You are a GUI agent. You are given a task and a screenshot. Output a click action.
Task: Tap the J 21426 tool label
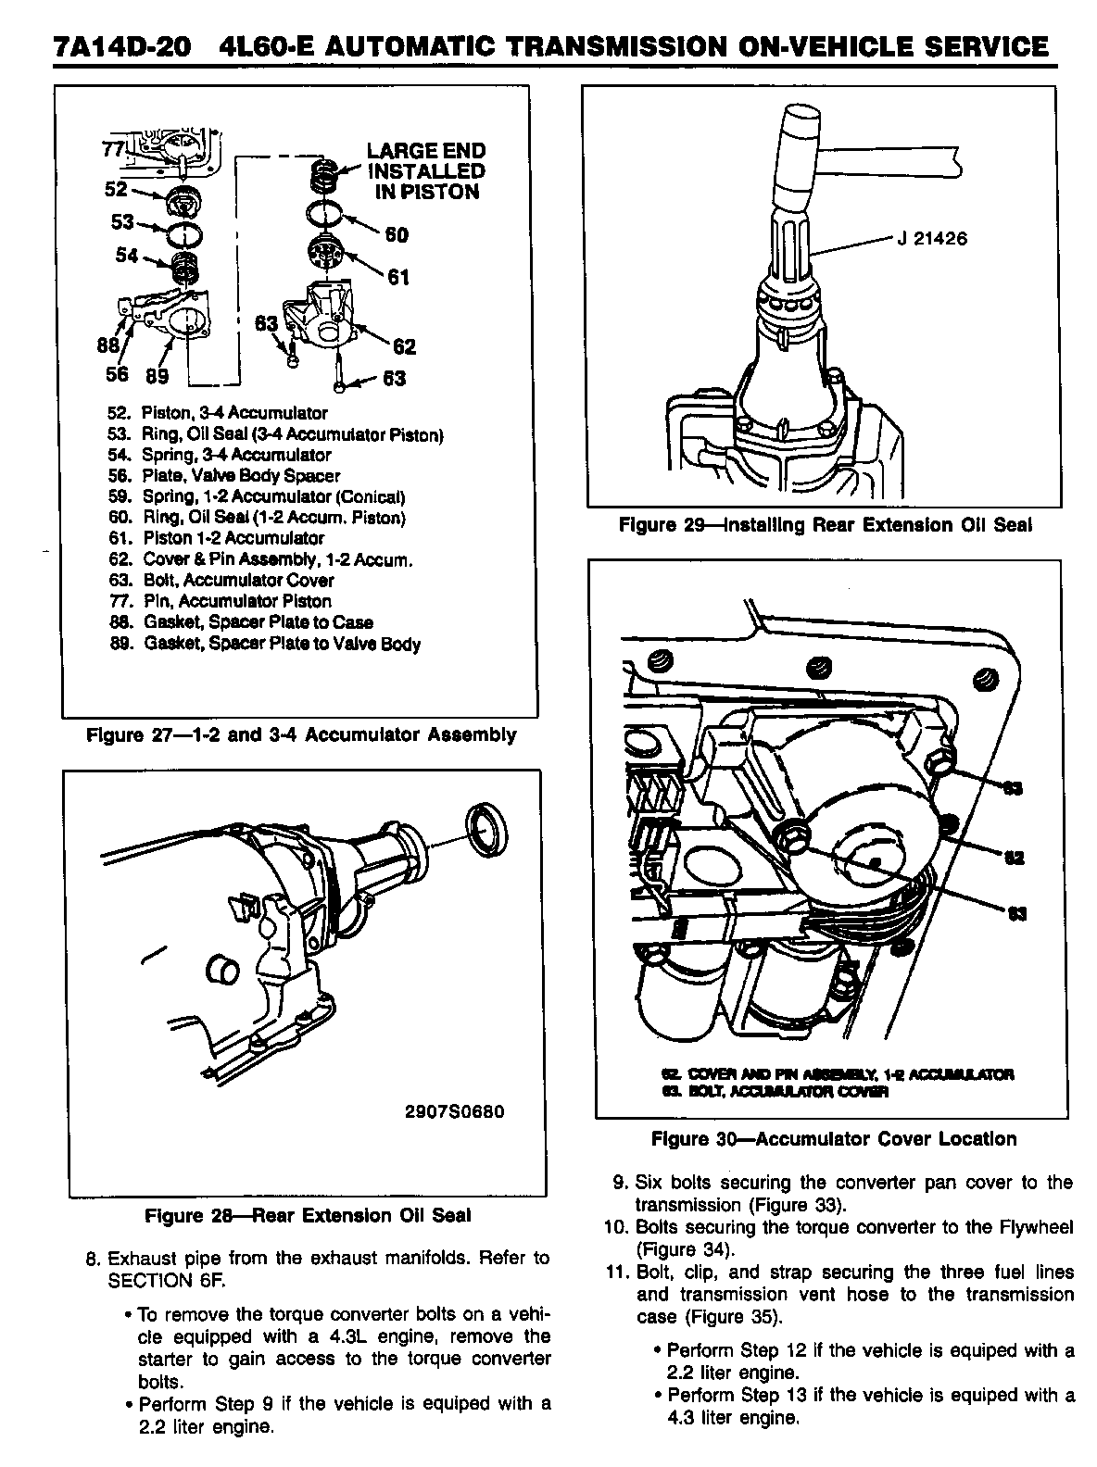(x=931, y=239)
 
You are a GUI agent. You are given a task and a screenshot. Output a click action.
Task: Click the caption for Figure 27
(x=300, y=735)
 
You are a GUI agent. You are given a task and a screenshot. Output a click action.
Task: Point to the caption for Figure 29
(x=825, y=525)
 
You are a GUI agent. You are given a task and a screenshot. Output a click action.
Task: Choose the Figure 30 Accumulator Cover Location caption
(x=834, y=1139)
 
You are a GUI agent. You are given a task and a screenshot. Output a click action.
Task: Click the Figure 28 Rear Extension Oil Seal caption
(x=308, y=1216)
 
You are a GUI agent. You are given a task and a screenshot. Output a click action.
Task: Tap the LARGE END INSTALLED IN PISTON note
(x=426, y=171)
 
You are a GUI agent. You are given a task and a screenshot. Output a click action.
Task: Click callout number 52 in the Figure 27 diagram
(x=116, y=189)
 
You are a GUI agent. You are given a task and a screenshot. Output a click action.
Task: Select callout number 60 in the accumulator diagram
(x=397, y=235)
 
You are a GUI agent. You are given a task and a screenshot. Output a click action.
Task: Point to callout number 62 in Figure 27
(x=404, y=347)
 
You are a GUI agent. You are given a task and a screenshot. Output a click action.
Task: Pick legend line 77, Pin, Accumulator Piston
(x=221, y=601)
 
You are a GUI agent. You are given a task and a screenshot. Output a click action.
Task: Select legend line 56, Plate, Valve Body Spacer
(x=225, y=476)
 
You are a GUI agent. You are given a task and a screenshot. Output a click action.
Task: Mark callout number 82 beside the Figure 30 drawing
(x=1014, y=858)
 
